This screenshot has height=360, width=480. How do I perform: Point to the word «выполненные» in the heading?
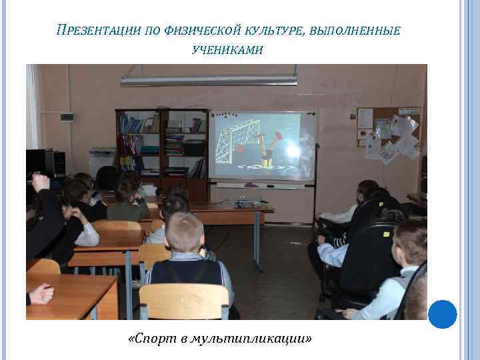point(355,30)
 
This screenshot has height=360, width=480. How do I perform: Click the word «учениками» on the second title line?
point(227,50)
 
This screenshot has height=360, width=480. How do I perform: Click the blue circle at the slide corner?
point(442,314)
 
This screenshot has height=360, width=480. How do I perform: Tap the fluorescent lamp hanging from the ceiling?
point(209,80)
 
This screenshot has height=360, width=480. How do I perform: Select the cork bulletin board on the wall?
point(388,134)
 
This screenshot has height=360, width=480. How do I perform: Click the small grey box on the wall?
point(67,117)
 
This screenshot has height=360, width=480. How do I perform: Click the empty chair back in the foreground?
point(184,301)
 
